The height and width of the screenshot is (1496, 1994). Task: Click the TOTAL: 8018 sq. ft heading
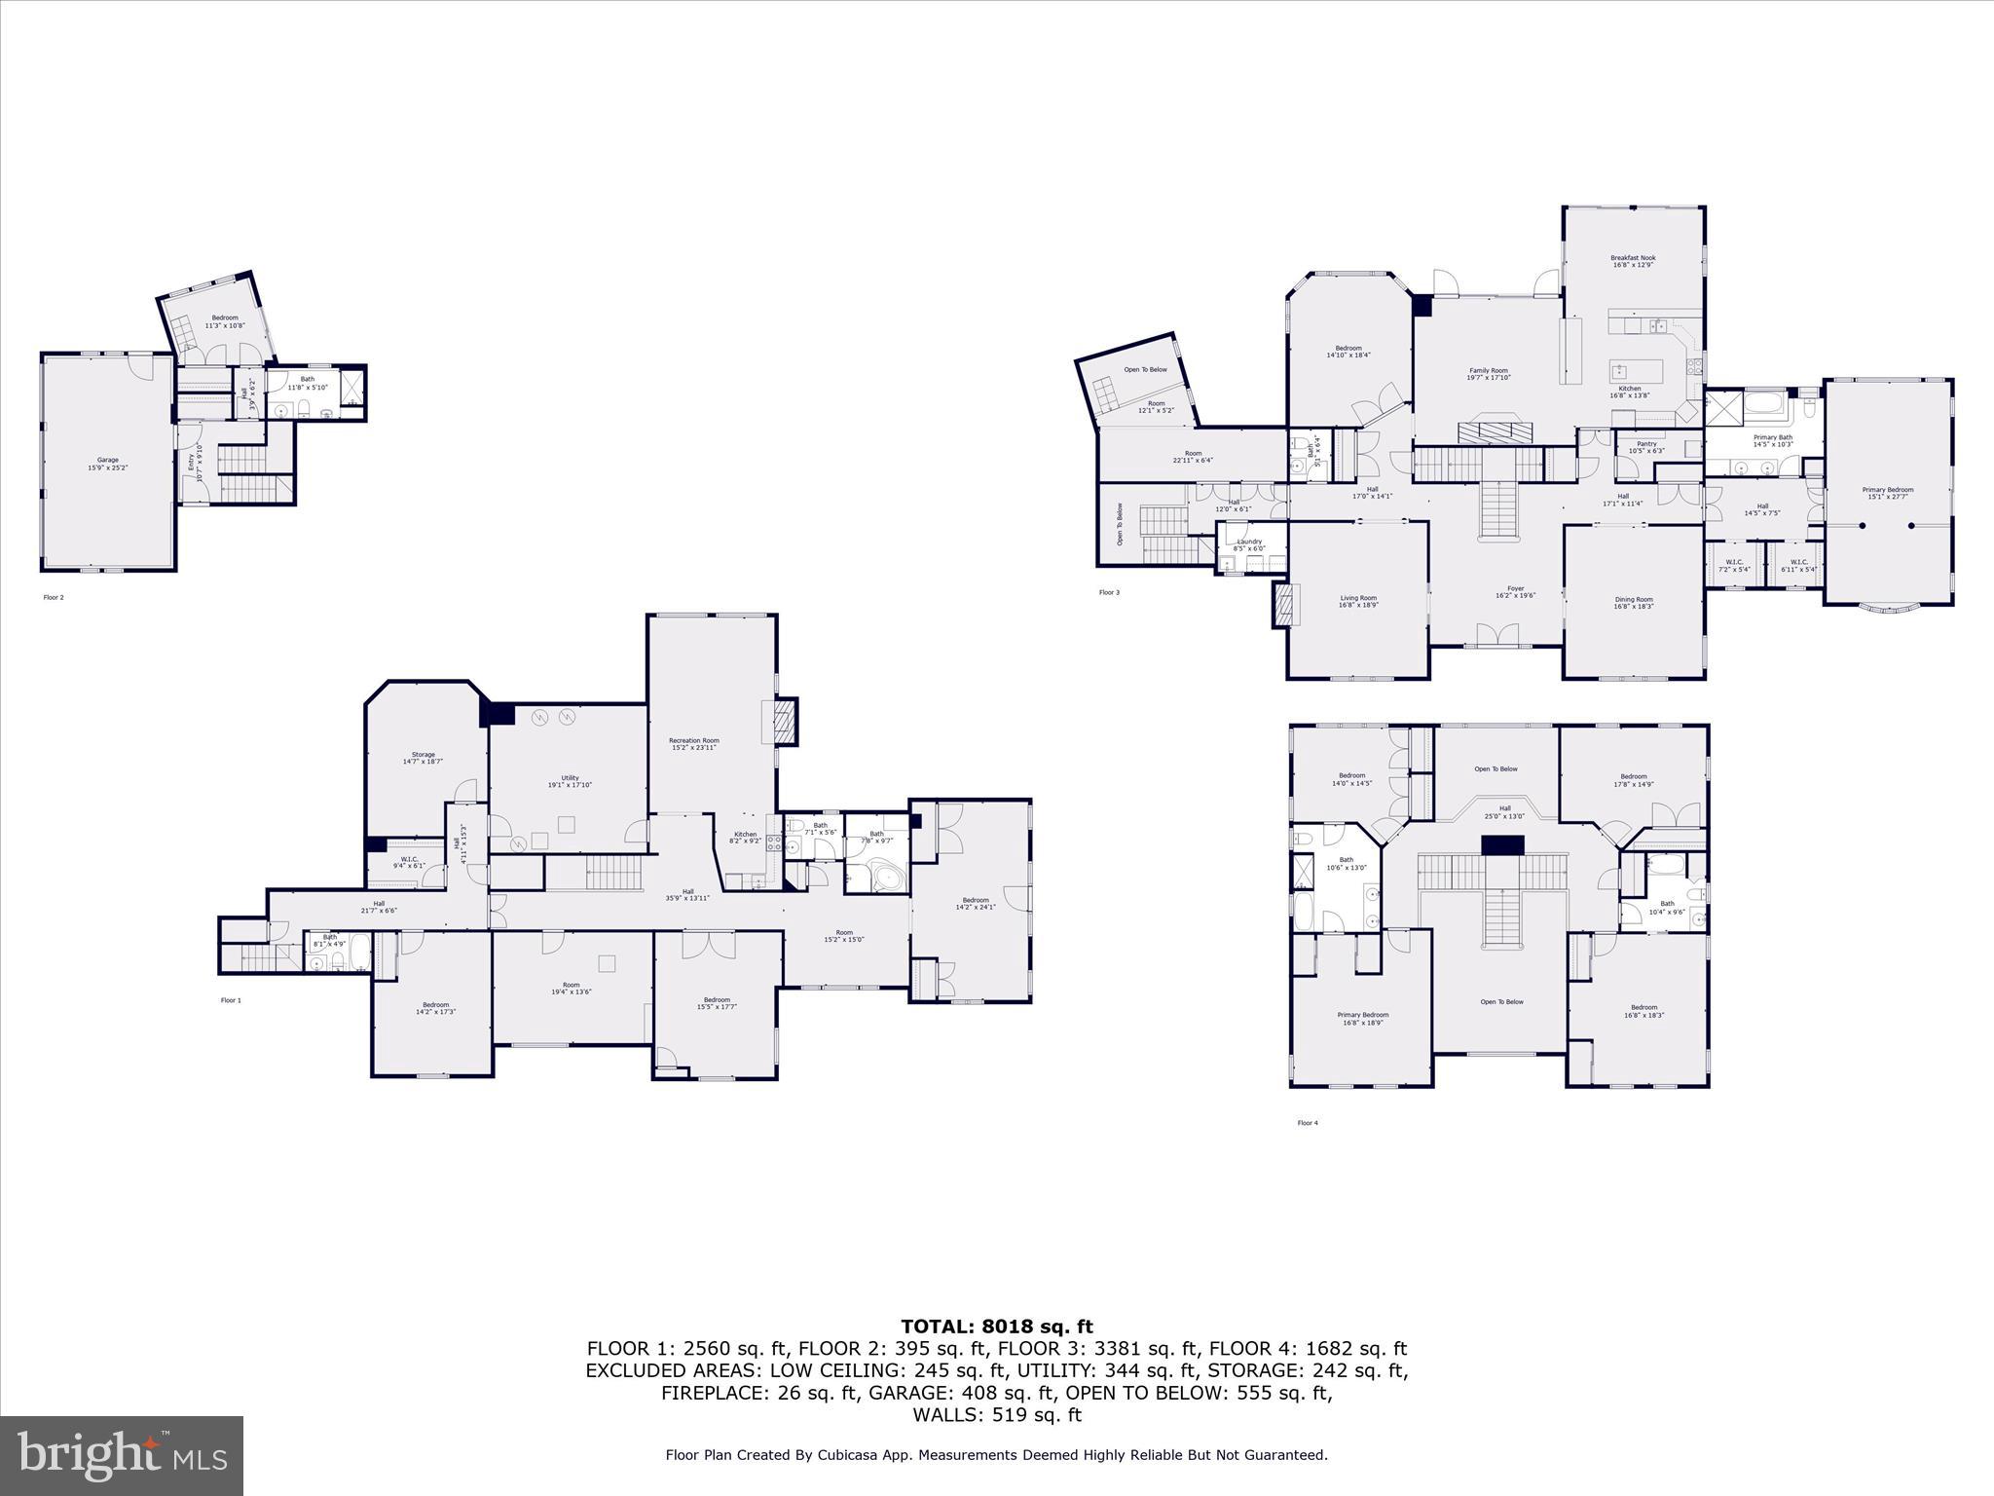pyautogui.click(x=996, y=1327)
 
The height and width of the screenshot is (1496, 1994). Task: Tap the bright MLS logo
pyautogui.click(x=122, y=1455)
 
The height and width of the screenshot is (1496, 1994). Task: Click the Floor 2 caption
pyautogui.click(x=54, y=597)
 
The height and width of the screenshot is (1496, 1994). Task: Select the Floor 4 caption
pyautogui.click(x=1307, y=1123)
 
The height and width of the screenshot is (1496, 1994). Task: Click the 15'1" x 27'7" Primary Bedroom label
pyautogui.click(x=1888, y=493)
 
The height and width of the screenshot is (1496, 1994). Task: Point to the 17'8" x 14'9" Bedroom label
pyautogui.click(x=1633, y=780)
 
